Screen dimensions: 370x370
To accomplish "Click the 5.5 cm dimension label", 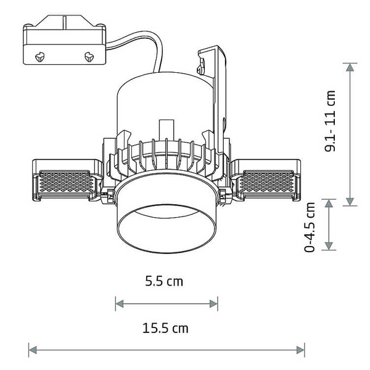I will click(164, 281).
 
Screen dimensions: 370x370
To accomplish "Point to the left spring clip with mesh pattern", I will click(64, 183).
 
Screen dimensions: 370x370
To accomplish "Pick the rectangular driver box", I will click(64, 46).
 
